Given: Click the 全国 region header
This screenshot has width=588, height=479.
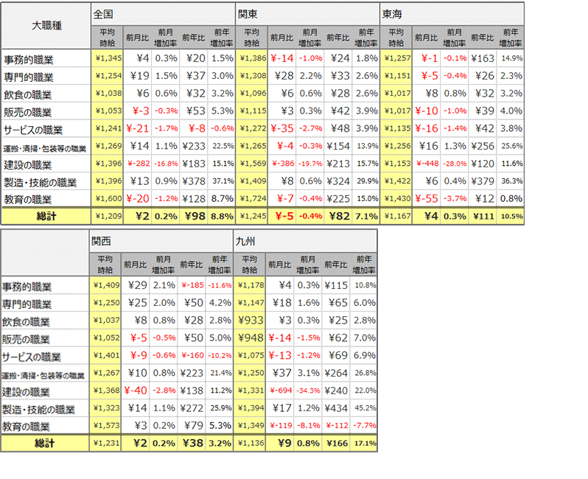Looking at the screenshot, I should click(103, 14).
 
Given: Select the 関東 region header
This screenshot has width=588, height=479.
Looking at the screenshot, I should click(248, 14).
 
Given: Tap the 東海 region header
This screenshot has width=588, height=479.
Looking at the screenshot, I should click(392, 14).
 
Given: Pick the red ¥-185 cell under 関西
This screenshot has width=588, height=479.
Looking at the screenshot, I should click(193, 285).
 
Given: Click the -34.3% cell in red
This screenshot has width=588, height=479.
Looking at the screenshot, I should click(308, 391).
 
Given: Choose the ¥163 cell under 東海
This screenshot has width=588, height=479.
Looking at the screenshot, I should click(483, 57).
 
